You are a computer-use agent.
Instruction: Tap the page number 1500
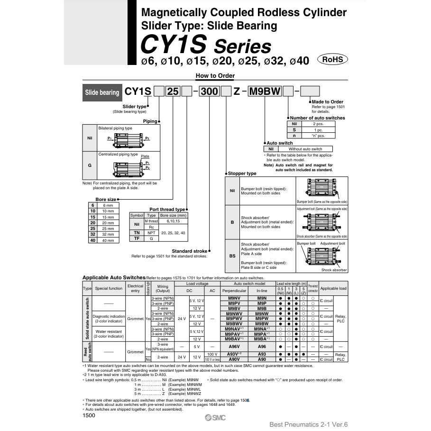coord(89,416)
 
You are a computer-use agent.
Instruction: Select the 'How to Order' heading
coord(215,76)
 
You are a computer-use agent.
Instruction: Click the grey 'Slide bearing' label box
coord(102,92)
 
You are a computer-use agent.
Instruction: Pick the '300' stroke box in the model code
coord(210,92)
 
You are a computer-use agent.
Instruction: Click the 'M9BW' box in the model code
coord(265,92)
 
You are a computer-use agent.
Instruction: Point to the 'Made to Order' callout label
coord(328,102)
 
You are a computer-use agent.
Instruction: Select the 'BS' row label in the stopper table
coord(232,256)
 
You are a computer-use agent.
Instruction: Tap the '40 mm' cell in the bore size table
coord(108,240)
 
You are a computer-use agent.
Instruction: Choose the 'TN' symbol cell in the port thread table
coord(137,233)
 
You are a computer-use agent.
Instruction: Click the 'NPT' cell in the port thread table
coord(151,233)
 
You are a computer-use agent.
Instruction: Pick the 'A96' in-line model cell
coord(262,347)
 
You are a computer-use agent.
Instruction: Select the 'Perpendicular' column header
coord(234,291)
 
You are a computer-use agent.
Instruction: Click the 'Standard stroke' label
coord(189,251)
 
